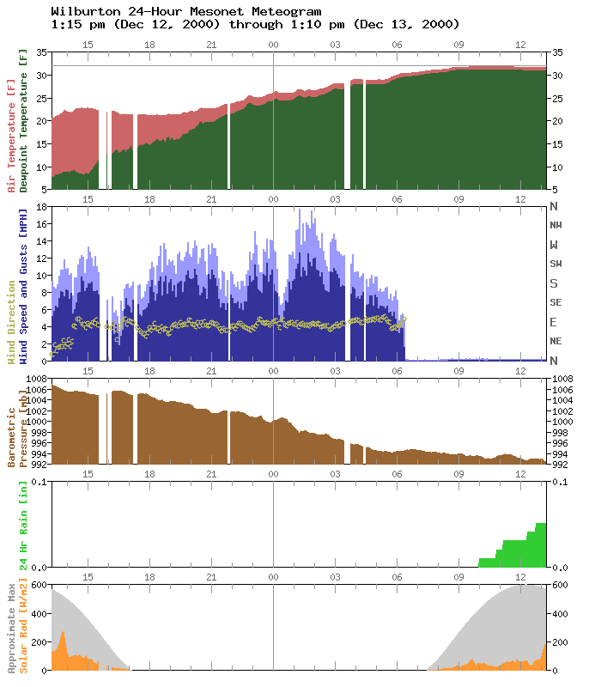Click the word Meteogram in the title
287,11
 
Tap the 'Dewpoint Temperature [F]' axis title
24,121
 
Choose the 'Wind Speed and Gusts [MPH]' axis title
24,283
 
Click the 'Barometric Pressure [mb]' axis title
18,421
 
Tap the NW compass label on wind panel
556,225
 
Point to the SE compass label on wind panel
556,302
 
